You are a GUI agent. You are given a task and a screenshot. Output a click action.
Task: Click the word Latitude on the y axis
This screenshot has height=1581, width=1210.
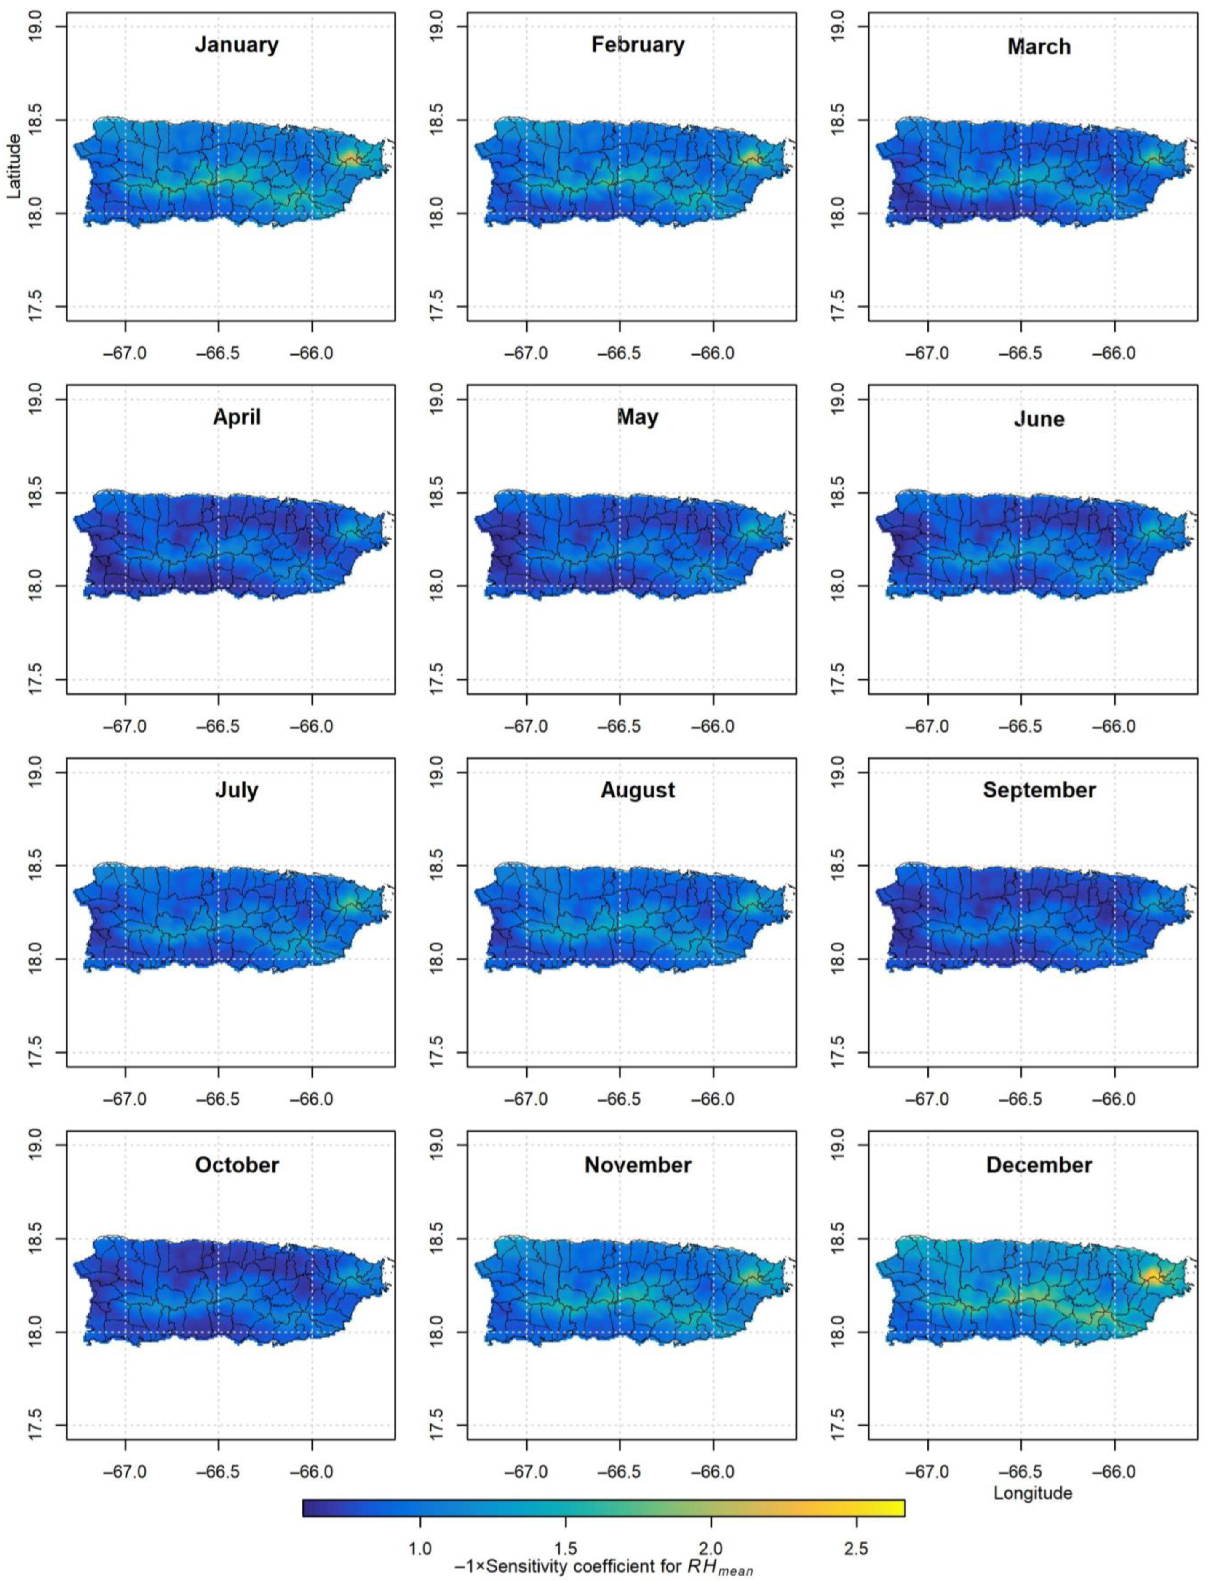tap(13, 165)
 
